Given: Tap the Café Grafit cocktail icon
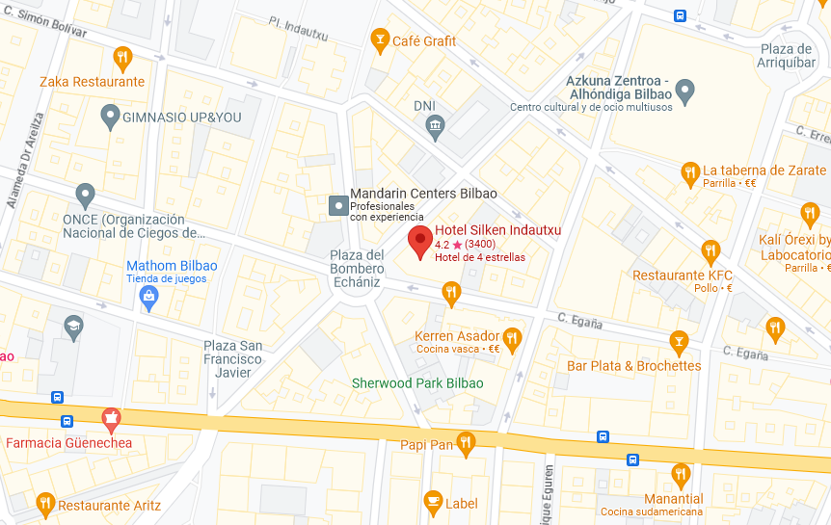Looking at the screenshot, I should click(x=380, y=39).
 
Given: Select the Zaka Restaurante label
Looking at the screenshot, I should click(x=92, y=82).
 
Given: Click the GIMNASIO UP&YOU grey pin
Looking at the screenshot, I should click(x=110, y=117).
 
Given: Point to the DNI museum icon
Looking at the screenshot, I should click(x=436, y=124).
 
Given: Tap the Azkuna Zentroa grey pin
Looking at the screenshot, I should click(x=685, y=92).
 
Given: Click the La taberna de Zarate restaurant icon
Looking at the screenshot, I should click(x=689, y=173).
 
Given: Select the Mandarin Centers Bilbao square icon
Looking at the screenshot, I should click(x=338, y=205).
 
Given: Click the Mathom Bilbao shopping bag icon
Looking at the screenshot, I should click(x=148, y=297).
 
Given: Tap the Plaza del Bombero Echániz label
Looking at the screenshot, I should click(x=356, y=269).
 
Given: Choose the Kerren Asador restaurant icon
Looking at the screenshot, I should click(x=512, y=337).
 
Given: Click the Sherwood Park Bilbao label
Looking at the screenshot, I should click(x=417, y=382).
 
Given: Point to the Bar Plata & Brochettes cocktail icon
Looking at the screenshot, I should click(x=679, y=341).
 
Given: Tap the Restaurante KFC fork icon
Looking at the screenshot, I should click(x=710, y=252).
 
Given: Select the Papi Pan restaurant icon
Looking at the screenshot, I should click(x=467, y=443).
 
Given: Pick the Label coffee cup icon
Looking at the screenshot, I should click(x=433, y=501).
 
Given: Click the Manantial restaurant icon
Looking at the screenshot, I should click(x=681, y=475).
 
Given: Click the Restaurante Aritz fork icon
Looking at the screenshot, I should click(x=44, y=504).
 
